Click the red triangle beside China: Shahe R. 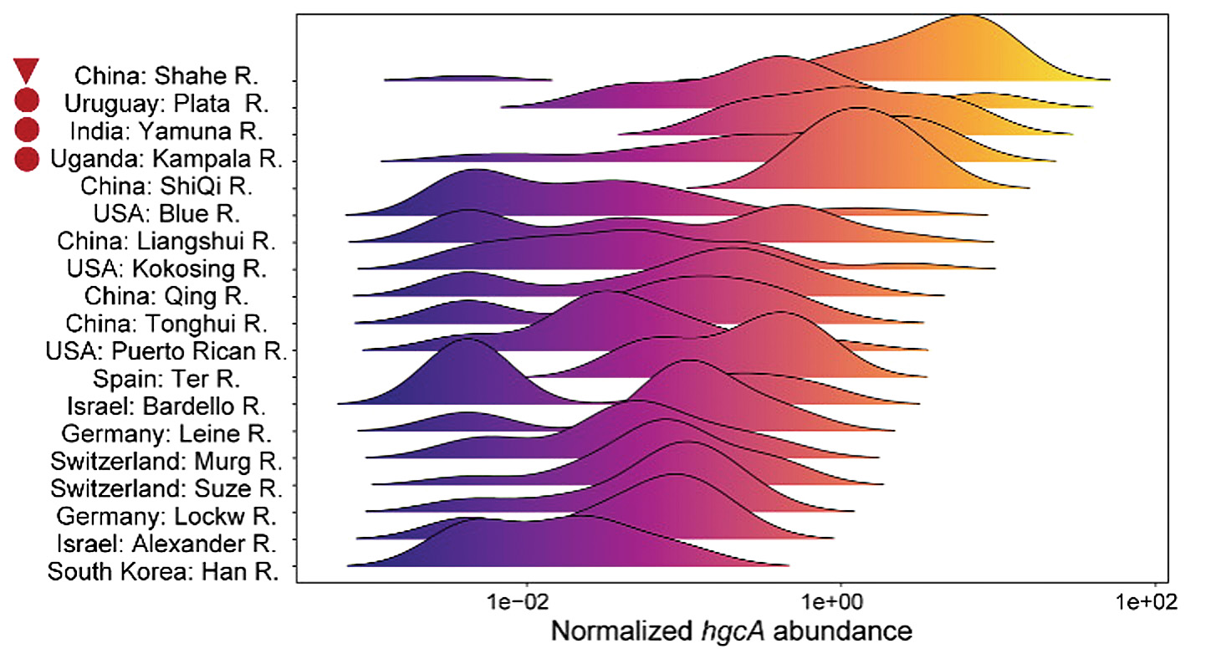(27, 71)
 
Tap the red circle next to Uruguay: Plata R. (27, 101)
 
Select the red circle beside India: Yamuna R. (27, 129)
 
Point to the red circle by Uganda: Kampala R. (27, 157)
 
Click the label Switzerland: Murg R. (166, 461)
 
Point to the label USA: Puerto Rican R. (166, 350)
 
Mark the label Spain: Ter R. (167, 378)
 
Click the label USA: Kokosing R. (166, 269)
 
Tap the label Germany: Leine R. (167, 433)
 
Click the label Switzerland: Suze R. (166, 488)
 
